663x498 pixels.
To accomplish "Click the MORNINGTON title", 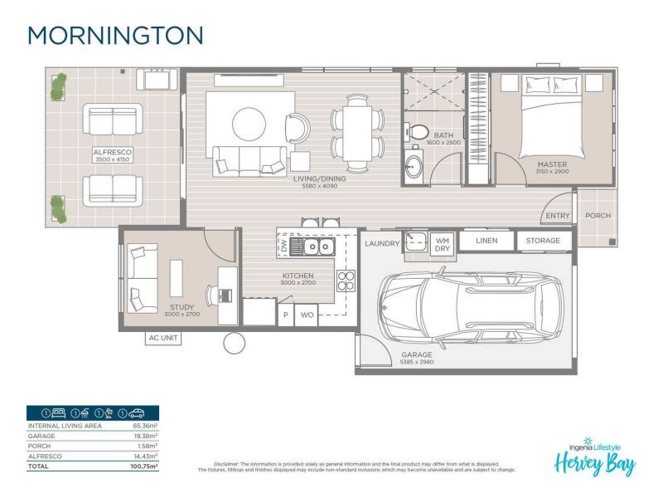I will click(115, 35).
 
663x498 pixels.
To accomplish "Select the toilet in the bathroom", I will click(419, 132).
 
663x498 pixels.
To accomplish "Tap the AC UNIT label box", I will click(162, 338).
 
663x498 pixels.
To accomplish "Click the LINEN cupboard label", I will click(486, 242).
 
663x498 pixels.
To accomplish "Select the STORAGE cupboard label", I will click(544, 242).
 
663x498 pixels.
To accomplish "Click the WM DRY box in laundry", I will click(443, 243).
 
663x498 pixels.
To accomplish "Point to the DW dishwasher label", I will click(284, 247).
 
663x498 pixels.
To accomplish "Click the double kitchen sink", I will click(317, 247).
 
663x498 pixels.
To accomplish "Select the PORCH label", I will click(598, 215).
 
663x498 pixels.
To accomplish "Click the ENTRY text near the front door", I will click(557, 216).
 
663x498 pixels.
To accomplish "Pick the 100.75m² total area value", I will click(144, 466).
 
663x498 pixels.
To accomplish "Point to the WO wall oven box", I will click(307, 316).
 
